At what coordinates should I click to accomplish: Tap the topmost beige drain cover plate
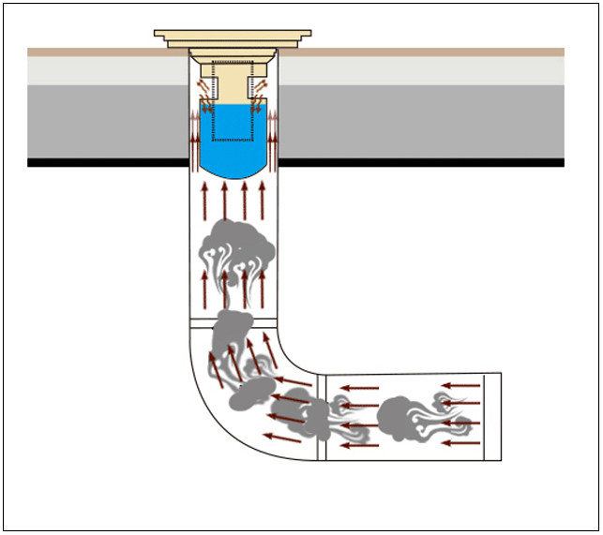pos(234,35)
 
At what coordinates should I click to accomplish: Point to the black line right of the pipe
pos(422,162)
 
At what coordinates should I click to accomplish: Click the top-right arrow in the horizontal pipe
pos(461,385)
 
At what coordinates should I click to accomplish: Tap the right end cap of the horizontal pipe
pos(493,416)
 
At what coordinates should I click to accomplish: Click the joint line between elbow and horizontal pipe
pos(322,416)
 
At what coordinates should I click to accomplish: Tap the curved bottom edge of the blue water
pos(234,176)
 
